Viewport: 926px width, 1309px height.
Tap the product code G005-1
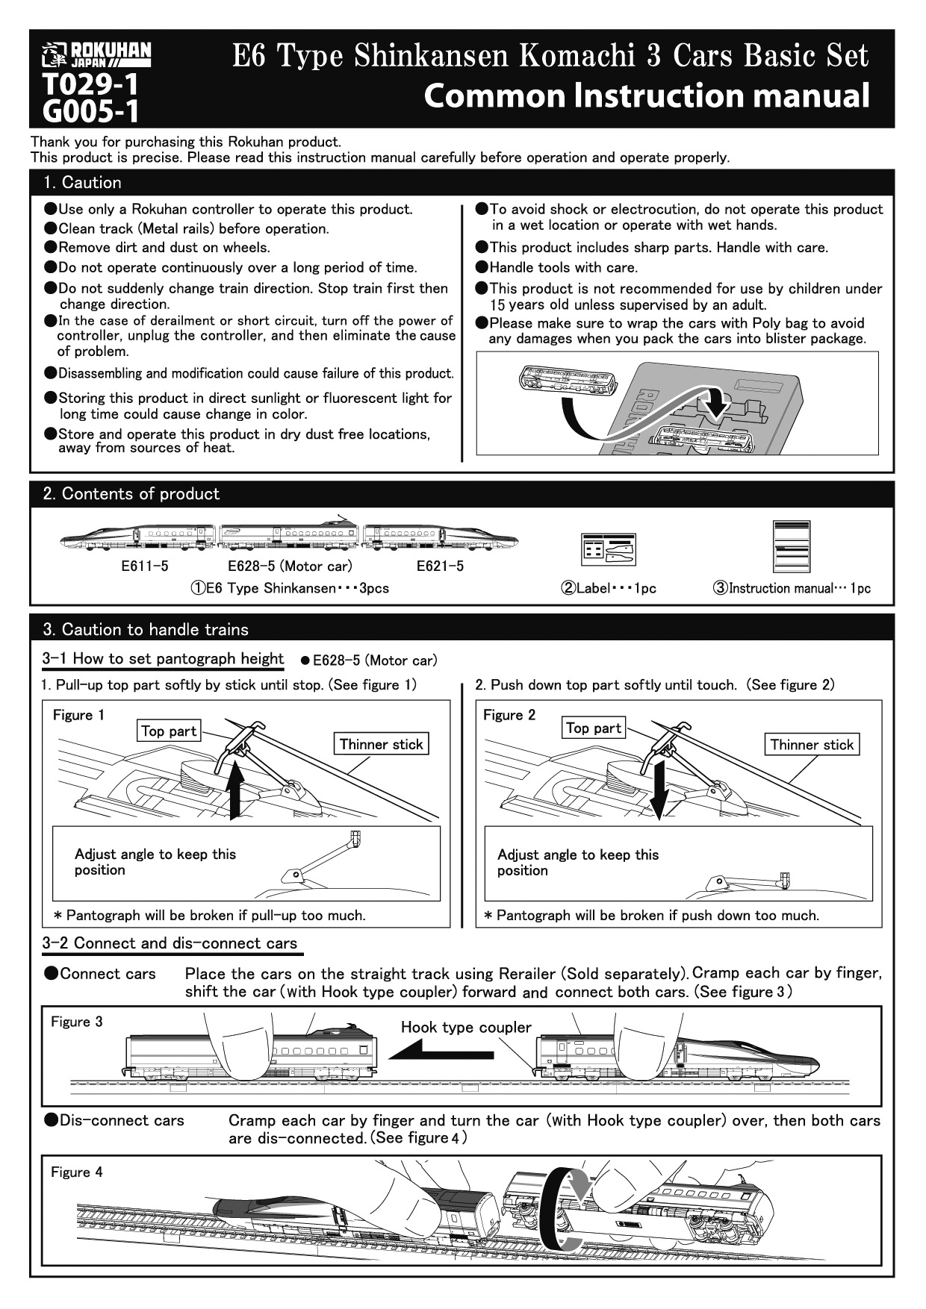click(91, 111)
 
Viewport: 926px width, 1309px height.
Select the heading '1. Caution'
click(82, 183)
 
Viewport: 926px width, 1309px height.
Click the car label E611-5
click(145, 566)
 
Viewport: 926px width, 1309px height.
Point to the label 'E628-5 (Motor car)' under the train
click(290, 566)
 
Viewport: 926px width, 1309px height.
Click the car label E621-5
click(440, 566)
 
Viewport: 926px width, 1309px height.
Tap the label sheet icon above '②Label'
click(609, 550)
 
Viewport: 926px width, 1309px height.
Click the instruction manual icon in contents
click(792, 546)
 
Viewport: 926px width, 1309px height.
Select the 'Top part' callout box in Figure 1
click(169, 731)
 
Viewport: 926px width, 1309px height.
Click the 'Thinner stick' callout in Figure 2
click(812, 745)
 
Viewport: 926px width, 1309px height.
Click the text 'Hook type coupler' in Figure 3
click(466, 1028)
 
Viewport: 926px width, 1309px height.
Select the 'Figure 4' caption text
click(76, 1172)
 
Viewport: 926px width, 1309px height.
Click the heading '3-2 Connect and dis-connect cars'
click(170, 943)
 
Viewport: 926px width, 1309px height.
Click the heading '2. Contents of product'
click(131, 494)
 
